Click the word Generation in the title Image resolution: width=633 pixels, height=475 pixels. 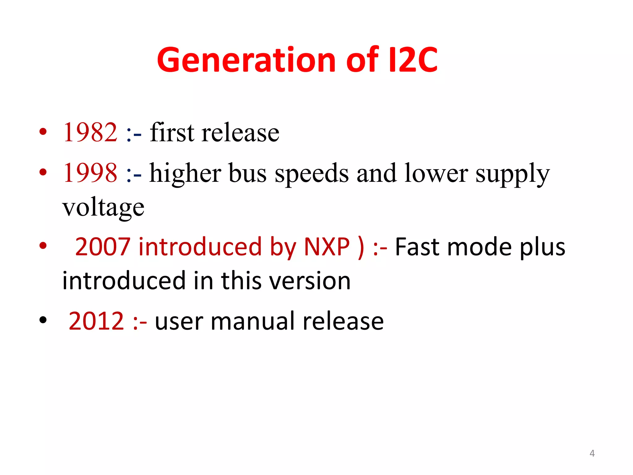(x=246, y=60)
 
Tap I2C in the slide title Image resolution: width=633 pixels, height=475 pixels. (x=413, y=60)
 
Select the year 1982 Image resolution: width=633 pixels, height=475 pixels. (x=90, y=132)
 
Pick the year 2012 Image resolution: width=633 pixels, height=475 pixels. (x=96, y=321)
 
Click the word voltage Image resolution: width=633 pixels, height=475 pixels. (x=103, y=207)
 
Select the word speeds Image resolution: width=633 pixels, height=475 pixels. (x=312, y=173)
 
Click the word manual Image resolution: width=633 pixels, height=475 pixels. (x=253, y=321)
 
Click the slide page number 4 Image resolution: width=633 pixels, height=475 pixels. (x=592, y=453)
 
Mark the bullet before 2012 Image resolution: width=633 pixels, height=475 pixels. (x=43, y=320)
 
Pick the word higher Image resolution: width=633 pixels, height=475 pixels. (x=185, y=173)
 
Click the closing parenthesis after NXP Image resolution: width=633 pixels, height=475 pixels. (x=361, y=247)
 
